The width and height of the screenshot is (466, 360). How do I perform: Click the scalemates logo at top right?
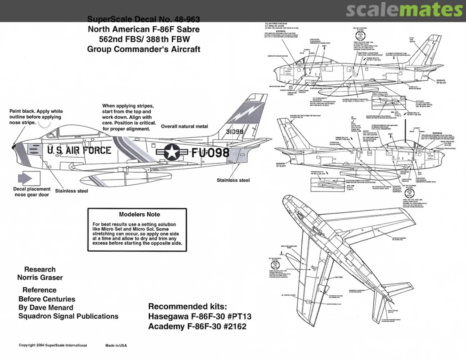coord(404,9)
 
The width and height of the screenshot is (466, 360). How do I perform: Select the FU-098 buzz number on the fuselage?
coord(210,152)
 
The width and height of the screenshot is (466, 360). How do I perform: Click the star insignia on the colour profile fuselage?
coord(171,152)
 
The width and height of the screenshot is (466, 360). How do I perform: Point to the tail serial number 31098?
coord(234,132)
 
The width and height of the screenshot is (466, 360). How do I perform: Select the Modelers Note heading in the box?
coord(139,214)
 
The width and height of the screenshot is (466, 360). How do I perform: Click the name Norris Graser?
coord(40,278)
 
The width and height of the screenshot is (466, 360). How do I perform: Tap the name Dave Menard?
coord(51,308)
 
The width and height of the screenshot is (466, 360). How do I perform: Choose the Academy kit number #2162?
coord(233,327)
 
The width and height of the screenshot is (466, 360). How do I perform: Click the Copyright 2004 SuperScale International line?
coord(53,345)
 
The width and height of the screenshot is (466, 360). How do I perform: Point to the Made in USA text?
coord(116,345)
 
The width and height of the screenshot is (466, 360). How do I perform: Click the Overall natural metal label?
coord(184,126)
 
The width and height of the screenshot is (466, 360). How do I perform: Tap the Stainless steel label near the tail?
coord(233,180)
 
